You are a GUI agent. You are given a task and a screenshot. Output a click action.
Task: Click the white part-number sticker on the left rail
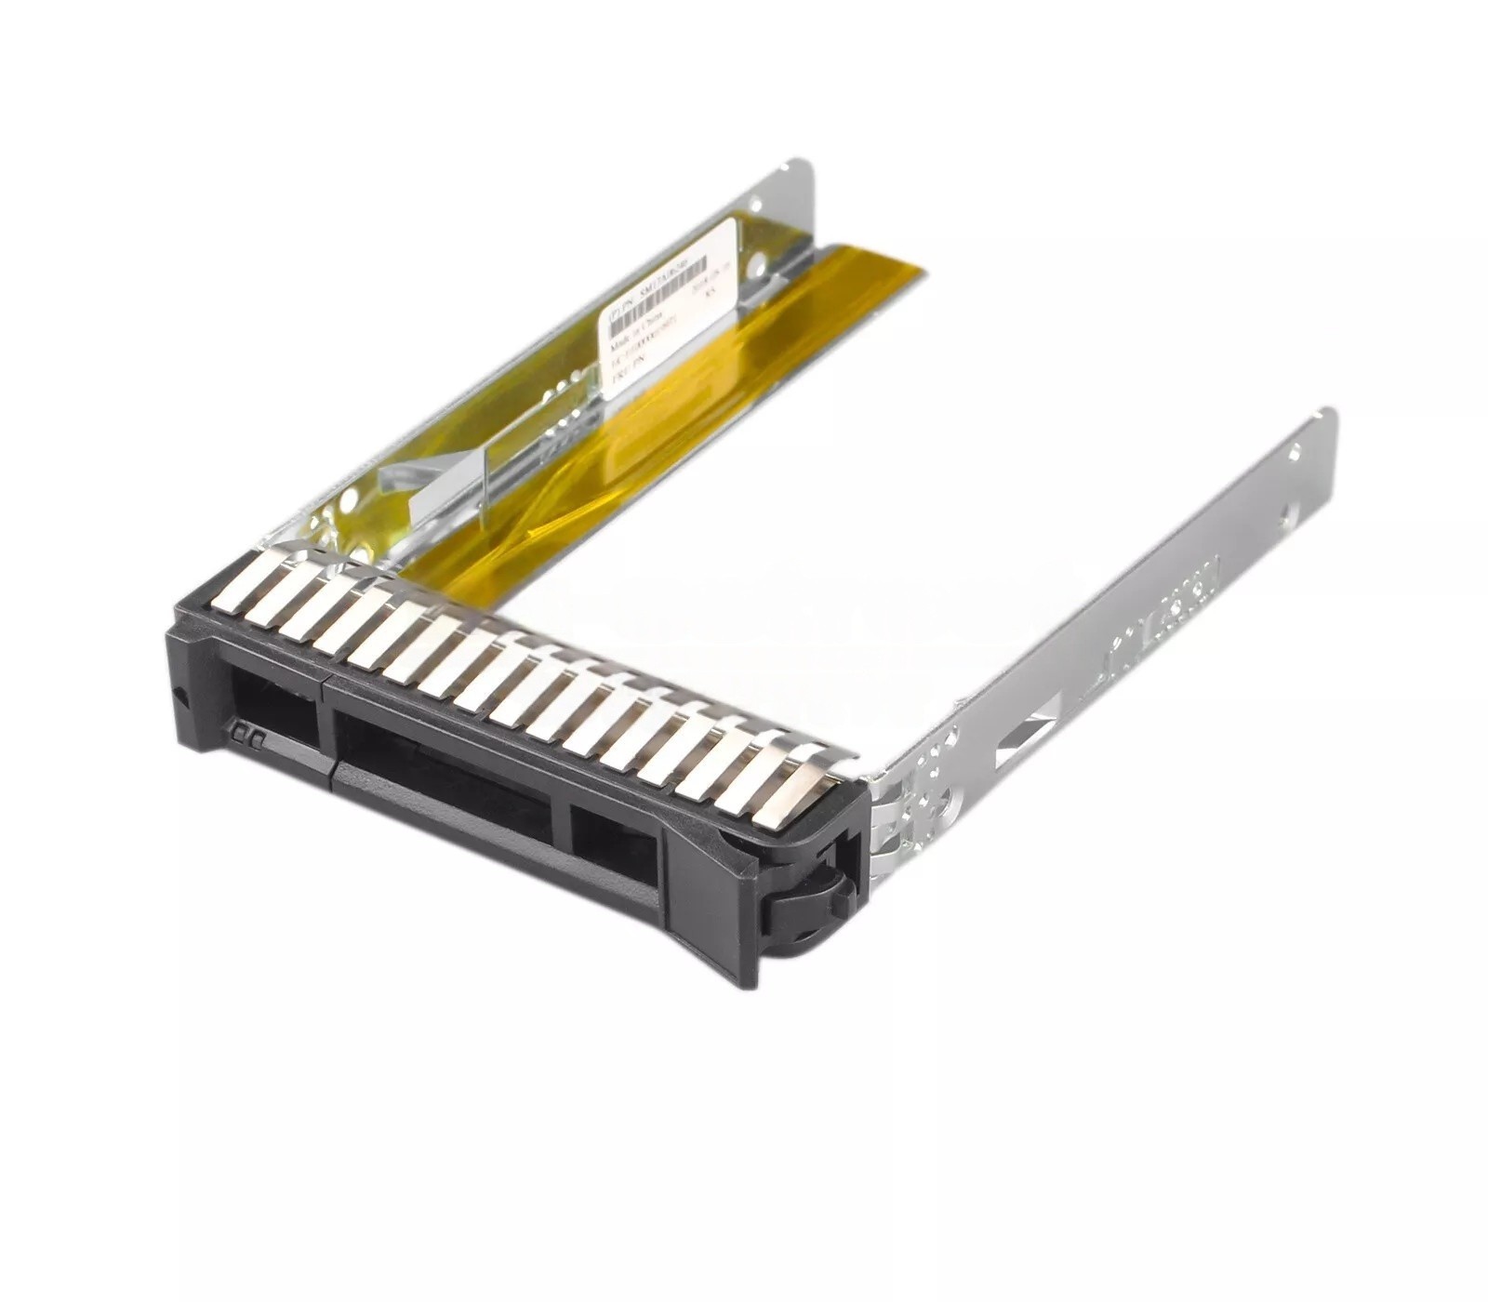tap(668, 308)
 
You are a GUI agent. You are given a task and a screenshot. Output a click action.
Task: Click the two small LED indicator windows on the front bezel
tap(249, 734)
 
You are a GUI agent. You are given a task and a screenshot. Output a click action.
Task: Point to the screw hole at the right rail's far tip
tap(1294, 452)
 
